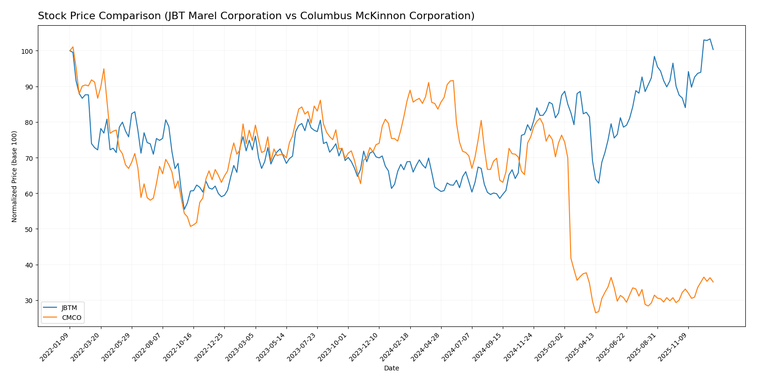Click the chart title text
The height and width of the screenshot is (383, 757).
(256, 16)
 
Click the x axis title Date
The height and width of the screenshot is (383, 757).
(392, 369)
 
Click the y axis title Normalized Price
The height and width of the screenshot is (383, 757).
(14, 176)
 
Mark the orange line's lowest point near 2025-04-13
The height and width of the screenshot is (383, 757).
(596, 312)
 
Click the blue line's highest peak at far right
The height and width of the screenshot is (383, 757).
(710, 39)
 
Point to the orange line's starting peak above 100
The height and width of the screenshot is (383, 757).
(72, 47)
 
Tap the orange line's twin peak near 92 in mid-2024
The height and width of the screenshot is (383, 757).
(452, 80)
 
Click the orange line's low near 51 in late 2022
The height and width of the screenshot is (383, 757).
(190, 226)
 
